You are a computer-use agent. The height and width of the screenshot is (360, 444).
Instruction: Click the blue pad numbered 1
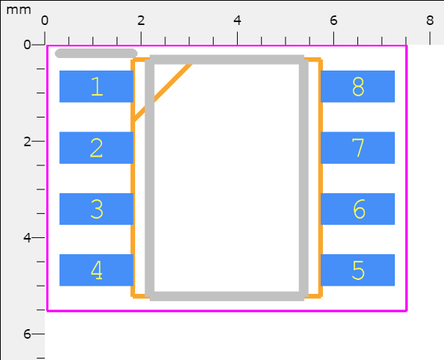[96, 87]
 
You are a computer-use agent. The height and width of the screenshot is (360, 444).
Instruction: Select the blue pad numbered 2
[96, 148]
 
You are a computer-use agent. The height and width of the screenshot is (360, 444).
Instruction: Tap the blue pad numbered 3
[96, 209]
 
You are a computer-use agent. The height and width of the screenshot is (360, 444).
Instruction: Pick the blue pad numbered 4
[96, 270]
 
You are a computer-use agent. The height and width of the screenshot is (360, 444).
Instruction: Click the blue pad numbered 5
[357, 270]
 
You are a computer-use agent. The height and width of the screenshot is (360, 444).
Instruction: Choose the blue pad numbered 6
[357, 209]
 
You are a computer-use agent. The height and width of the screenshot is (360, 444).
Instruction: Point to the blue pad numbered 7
[357, 148]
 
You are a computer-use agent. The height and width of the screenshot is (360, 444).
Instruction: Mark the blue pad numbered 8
[357, 87]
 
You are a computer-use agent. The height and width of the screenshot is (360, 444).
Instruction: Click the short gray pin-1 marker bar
[96, 54]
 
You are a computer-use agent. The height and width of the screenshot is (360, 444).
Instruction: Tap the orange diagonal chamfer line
[162, 93]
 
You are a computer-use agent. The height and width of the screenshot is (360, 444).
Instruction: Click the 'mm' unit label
[18, 10]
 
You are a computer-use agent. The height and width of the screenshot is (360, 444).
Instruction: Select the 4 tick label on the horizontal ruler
[237, 21]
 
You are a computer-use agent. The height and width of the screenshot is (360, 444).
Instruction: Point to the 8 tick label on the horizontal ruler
[430, 21]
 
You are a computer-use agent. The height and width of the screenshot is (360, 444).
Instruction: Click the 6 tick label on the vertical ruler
[27, 334]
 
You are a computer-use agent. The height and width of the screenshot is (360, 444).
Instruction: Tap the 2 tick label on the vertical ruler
[27, 142]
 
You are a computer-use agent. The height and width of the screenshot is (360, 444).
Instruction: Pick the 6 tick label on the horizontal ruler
[334, 21]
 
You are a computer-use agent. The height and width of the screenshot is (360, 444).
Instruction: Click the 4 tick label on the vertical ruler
[27, 237]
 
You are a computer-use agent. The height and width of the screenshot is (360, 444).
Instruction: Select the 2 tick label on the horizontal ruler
[141, 21]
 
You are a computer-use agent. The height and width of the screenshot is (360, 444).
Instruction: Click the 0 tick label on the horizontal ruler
[45, 21]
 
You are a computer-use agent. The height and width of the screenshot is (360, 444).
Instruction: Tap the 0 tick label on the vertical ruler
[27, 45]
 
